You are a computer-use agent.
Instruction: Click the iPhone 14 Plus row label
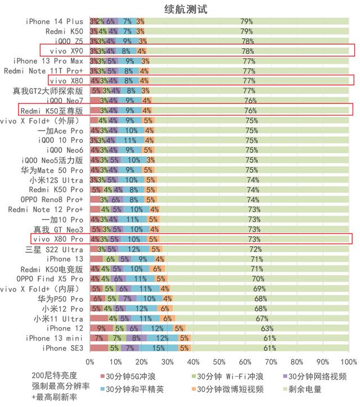click(x=54, y=21)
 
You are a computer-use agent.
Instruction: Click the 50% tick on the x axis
click(x=219, y=361)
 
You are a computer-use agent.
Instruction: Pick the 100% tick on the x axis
click(x=349, y=361)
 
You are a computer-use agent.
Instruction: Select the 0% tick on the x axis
click(x=90, y=361)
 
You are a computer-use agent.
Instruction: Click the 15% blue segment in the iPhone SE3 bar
click(x=158, y=348)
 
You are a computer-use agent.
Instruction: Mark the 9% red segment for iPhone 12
click(x=101, y=328)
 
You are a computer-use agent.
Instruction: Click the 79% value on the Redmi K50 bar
click(x=246, y=31)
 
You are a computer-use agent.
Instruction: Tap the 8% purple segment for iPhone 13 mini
click(x=137, y=338)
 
